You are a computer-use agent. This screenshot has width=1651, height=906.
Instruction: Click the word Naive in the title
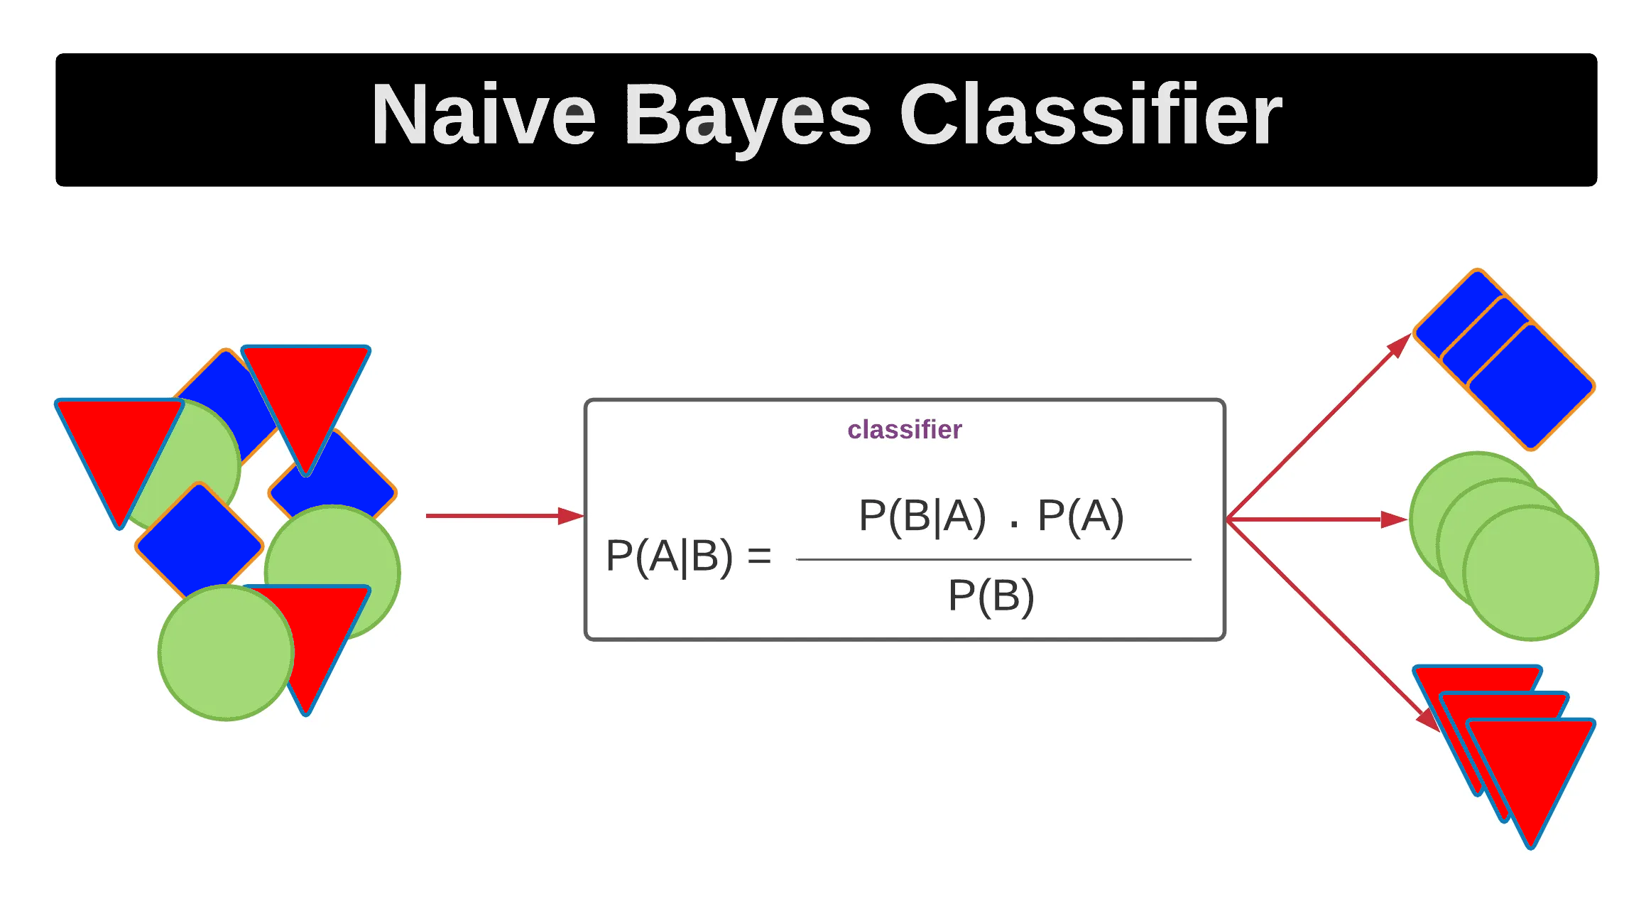[x=483, y=115]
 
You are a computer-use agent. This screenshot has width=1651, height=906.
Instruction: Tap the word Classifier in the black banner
[x=1090, y=115]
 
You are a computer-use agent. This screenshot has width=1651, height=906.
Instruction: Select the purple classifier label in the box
[x=904, y=430]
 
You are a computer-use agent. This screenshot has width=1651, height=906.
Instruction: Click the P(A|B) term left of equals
[x=668, y=556]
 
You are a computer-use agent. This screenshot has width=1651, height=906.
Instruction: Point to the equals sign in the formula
[x=759, y=556]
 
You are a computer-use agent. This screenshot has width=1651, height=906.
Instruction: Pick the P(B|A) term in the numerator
[x=922, y=516]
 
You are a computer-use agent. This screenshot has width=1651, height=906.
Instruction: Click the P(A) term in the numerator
[x=1080, y=516]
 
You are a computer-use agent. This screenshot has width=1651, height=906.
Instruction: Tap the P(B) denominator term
[x=991, y=595]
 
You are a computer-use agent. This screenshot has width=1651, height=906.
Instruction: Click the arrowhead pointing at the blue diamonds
[x=1398, y=346]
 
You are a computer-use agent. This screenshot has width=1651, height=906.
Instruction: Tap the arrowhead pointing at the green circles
[x=1393, y=519]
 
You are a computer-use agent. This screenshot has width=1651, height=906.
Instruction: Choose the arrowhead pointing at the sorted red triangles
[x=1427, y=719]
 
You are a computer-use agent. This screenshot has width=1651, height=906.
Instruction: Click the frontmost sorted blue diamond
[x=1530, y=387]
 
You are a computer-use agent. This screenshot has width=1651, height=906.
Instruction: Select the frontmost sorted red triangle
[x=1530, y=767]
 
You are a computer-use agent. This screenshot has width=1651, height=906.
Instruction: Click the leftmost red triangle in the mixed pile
[x=117, y=448]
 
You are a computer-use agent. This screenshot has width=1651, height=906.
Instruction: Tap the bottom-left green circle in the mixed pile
[x=226, y=652]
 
